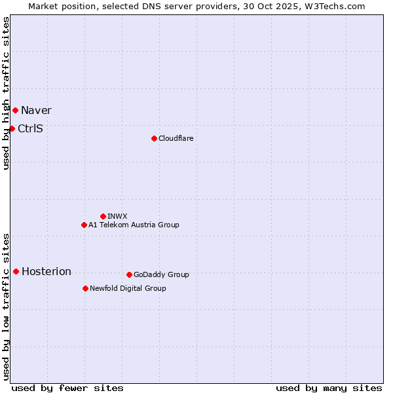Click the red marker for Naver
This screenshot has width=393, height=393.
tap(15, 110)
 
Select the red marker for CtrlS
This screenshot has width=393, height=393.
tap(12, 128)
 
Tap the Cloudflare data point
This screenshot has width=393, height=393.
tap(154, 138)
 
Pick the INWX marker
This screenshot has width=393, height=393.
tap(103, 216)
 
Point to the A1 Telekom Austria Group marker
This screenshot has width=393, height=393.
tap(84, 225)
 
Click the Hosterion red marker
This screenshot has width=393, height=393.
tap(16, 271)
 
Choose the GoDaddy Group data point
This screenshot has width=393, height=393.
tap(129, 274)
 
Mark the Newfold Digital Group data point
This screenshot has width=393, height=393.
tap(85, 288)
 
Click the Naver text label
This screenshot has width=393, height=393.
tap(36, 110)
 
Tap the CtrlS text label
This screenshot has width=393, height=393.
tap(30, 128)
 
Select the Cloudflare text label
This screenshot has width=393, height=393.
tap(176, 138)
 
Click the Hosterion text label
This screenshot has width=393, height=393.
tap(47, 271)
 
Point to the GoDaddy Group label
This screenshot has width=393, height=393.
tap(161, 274)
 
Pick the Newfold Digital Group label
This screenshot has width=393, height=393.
tap(128, 288)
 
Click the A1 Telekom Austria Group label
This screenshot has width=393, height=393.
tap(134, 225)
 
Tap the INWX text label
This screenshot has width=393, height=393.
tap(117, 216)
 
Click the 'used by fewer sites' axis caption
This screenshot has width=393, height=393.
tap(67, 388)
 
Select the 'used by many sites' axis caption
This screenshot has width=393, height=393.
tap(329, 388)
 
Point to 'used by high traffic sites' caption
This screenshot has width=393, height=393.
tap(6, 93)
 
